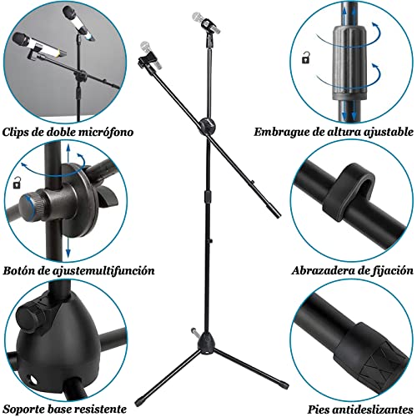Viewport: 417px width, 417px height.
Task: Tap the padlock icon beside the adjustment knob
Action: point(16,183)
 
